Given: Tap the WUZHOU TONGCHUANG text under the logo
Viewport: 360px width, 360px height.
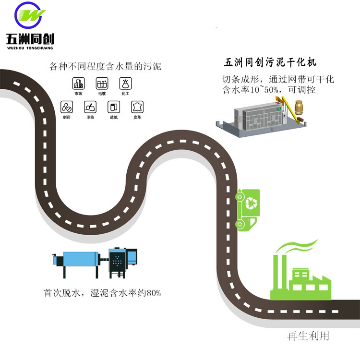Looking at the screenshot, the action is pos(30,48).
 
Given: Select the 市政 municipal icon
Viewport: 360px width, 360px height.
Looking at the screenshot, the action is pos(79,83).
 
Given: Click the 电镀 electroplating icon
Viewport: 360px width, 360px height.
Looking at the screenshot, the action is pos(102,83).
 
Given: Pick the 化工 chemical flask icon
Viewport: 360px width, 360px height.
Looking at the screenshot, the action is pos(126,83).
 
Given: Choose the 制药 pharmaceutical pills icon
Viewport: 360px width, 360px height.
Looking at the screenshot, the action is pos(67,107).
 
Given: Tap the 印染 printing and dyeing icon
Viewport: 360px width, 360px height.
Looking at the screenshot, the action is pos(90,107).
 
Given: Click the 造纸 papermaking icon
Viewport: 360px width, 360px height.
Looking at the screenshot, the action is pos(114,107).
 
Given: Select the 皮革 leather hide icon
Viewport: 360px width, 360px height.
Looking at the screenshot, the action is pos(137,107).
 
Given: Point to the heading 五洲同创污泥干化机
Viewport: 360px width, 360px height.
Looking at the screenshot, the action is pos(270,62).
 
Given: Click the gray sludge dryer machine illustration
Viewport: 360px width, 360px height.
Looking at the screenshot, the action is pos(259,118).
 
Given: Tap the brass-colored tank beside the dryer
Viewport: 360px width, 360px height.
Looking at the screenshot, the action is pos(299,108).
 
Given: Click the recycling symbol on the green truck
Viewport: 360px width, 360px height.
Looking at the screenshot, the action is pos(251,203).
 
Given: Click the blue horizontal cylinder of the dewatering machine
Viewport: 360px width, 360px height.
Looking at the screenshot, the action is pos(80,259).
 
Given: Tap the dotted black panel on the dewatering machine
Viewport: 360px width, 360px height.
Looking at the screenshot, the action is pos(117,261).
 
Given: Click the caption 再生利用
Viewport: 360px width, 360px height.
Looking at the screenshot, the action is pos(308,336).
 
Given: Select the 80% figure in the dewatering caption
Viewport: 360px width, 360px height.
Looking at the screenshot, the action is pos(154,293).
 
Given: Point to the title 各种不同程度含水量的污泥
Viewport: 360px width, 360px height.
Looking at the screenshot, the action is pos(106,66).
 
